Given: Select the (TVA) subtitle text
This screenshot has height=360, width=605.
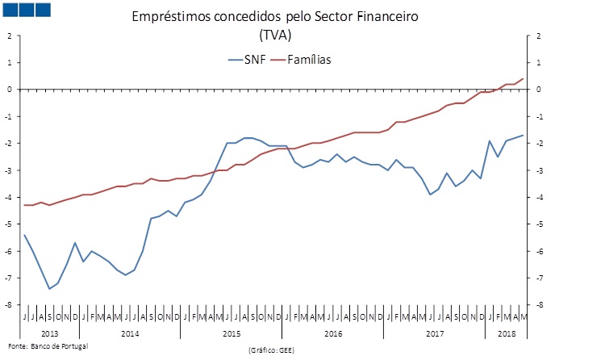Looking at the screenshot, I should pos(275,35).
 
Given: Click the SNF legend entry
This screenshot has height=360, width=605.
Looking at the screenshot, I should pos(245,59).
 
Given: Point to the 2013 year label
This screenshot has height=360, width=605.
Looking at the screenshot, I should pos(49,333).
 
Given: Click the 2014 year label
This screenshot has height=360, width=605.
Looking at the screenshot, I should pos(130,333).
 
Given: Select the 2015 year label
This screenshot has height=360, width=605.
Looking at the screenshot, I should pos(231,333).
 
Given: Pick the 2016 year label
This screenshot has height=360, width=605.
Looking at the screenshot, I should pos(332,333).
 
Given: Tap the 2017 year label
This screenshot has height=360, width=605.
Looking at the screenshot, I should pos(434,333).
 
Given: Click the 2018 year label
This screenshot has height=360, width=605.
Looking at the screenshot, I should pos(507,333).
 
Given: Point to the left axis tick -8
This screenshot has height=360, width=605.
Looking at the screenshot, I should pos(8,305).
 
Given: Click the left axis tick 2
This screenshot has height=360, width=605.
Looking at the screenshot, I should pos(9,36).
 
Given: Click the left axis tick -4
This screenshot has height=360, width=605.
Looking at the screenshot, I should pos(8,197).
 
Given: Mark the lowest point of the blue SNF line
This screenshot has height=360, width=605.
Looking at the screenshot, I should pos(49,288).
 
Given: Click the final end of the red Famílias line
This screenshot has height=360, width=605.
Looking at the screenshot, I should pos(524,78).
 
